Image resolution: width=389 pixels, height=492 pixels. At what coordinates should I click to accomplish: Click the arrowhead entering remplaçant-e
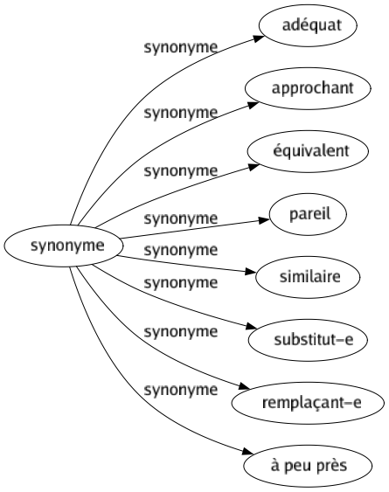pyautogui.click(x=244, y=388)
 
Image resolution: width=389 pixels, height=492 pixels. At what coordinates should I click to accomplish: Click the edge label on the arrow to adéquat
pyautogui.click(x=180, y=49)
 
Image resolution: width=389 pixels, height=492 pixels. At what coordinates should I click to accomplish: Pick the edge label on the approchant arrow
pyautogui.click(x=180, y=112)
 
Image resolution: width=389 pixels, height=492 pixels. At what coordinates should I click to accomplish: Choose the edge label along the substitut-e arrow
pyautogui.click(x=180, y=282)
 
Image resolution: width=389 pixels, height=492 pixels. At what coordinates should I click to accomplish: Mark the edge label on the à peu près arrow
pyautogui.click(x=180, y=389)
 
